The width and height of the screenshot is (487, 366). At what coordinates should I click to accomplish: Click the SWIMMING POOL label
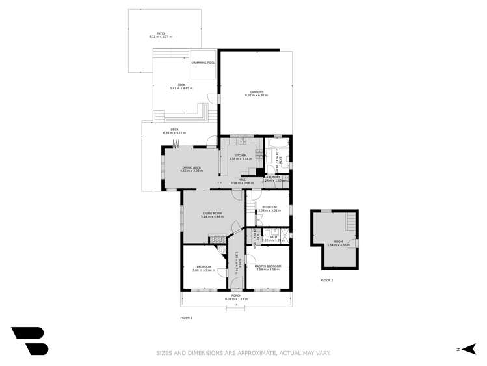coord(202,63)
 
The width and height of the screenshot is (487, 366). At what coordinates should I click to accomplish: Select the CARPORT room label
coord(256,92)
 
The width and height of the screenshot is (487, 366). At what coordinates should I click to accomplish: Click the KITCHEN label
coord(241,155)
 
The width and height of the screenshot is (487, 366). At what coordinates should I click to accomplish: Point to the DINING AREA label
coord(192,168)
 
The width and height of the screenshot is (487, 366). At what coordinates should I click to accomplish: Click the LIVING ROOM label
coord(212,213)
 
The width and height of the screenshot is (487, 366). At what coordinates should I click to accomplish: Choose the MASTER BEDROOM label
coord(267,266)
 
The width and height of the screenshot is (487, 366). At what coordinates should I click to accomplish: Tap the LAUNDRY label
coord(274,177)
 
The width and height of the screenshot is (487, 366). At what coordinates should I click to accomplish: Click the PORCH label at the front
coord(236,296)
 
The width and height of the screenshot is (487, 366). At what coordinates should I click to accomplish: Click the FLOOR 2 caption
coord(326,280)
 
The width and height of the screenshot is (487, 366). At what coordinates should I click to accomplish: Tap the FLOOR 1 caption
coord(187,318)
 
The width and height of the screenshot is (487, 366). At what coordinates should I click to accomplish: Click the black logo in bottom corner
coord(29,341)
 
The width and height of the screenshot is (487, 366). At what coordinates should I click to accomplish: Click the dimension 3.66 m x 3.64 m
coord(204,270)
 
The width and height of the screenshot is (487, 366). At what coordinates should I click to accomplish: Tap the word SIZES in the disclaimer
coord(164,353)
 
